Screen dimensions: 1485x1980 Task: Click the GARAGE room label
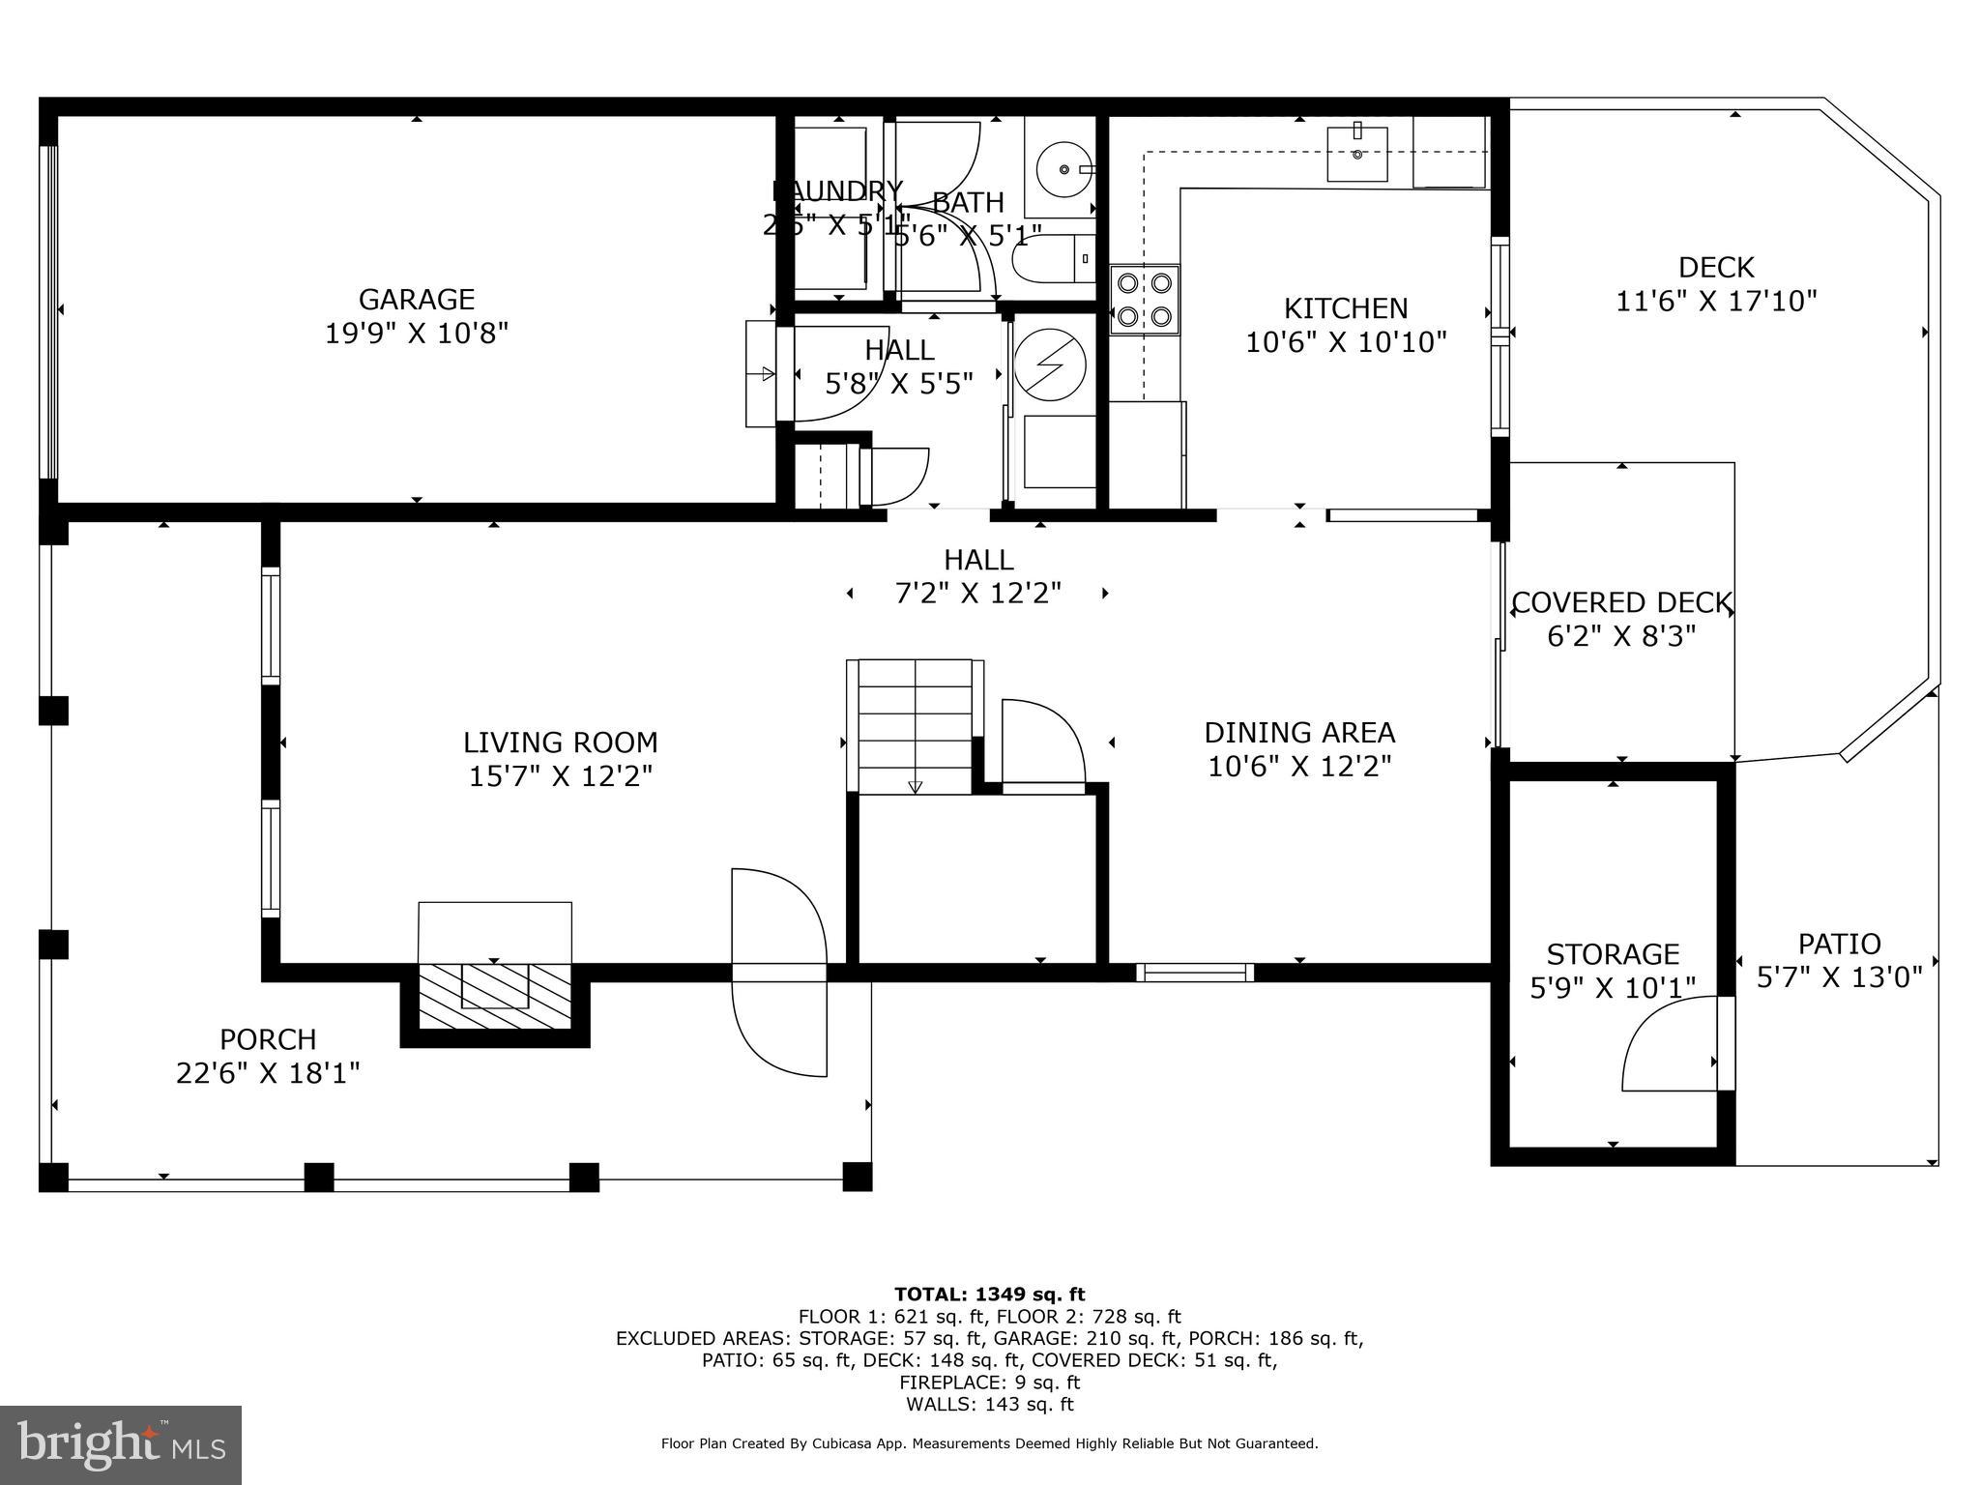pyautogui.click(x=416, y=299)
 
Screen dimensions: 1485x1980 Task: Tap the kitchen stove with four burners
pyautogui.click(x=1144, y=300)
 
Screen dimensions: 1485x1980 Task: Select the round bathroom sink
pyautogui.click(x=1063, y=169)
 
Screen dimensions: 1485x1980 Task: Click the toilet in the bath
pyautogui.click(x=1049, y=259)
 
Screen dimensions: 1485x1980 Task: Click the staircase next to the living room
pyautogui.click(x=915, y=726)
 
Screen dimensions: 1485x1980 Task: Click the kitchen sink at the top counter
pyautogui.click(x=1356, y=154)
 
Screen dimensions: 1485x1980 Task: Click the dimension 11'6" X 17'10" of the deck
pyautogui.click(x=1716, y=302)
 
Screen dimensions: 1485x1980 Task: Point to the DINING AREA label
pyautogui.click(x=1298, y=732)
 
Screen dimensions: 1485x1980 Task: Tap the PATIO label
pyautogui.click(x=1839, y=944)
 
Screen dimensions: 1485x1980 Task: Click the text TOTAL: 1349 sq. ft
pyautogui.click(x=989, y=1295)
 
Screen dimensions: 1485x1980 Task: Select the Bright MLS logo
pyautogui.click(x=121, y=1444)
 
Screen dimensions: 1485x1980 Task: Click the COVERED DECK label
pyautogui.click(x=1621, y=603)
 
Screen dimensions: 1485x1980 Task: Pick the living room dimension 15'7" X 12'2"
pyautogui.click(x=561, y=776)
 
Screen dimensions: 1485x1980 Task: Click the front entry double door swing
pyautogui.click(x=779, y=972)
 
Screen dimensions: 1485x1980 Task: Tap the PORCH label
pyautogui.click(x=268, y=1039)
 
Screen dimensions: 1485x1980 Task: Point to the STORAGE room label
pyautogui.click(x=1612, y=954)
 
